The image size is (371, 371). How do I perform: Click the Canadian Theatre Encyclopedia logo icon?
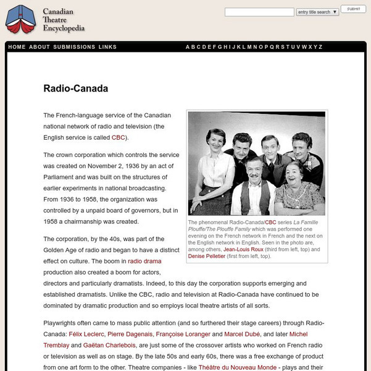coord(21,19)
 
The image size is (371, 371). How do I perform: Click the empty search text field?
coord(259,12)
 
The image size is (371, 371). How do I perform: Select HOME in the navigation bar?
coord(17,47)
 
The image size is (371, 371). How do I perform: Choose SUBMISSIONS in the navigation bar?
coord(74,47)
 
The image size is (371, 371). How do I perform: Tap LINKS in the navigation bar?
coord(107,47)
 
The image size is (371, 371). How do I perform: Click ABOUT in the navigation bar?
coord(40,47)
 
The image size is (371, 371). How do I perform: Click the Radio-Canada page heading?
coord(75,88)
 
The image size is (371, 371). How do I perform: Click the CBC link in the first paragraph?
coord(118,137)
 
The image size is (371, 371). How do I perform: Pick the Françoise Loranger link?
coord(183,334)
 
